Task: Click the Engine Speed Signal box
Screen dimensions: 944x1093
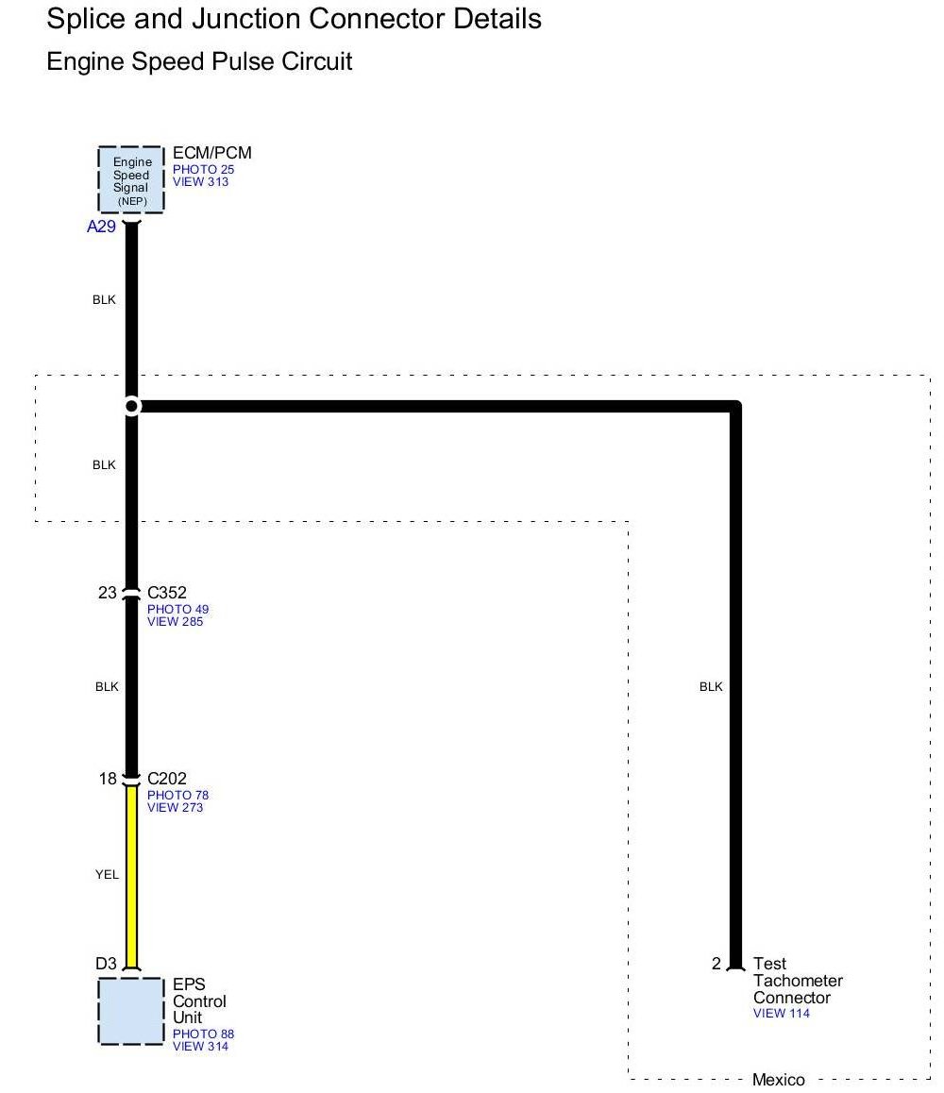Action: tap(131, 179)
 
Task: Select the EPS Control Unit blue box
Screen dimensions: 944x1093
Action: tap(131, 1011)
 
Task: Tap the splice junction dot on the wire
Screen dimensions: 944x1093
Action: tap(132, 406)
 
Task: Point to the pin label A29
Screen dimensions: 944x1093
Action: tap(101, 227)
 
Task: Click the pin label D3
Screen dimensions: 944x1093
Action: tap(106, 964)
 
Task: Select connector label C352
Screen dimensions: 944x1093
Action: tap(167, 593)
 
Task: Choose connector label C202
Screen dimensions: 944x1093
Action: tap(167, 779)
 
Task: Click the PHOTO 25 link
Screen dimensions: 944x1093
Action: tap(203, 170)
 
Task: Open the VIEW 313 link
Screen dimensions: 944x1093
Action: tap(200, 181)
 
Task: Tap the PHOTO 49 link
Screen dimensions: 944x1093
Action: tap(177, 610)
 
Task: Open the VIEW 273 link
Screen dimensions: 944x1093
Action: tap(175, 807)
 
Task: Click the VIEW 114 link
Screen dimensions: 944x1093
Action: tap(781, 1014)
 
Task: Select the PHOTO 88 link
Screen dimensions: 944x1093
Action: tap(203, 1034)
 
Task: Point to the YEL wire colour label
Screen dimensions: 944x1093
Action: tap(107, 875)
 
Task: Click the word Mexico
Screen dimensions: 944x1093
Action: tap(779, 1080)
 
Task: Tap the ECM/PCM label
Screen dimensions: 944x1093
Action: tap(212, 153)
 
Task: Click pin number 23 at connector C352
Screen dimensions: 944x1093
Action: tap(107, 593)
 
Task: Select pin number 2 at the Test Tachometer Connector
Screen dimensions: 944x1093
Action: tap(716, 964)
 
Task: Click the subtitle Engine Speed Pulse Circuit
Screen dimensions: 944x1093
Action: tap(199, 62)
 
